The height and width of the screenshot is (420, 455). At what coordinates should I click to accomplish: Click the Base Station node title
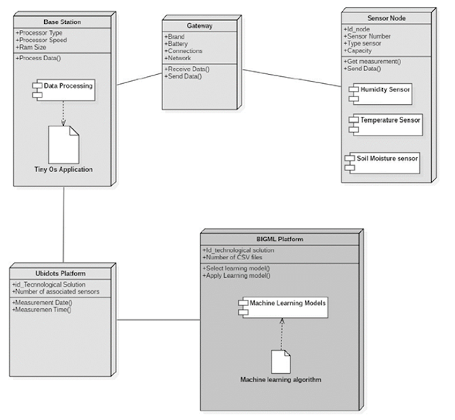[62, 22]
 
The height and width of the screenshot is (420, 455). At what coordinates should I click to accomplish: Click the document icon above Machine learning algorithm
[281, 361]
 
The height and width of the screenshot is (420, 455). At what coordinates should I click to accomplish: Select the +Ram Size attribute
[31, 47]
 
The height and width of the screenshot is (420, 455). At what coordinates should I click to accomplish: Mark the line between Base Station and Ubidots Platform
[64, 224]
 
